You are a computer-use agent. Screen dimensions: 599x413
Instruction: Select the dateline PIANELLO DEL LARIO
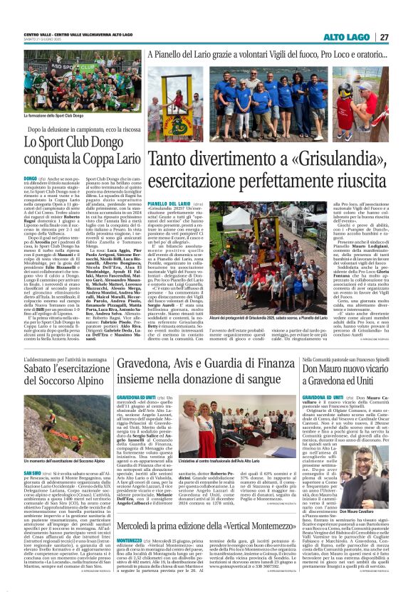pyautogui.click(x=168, y=184)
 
